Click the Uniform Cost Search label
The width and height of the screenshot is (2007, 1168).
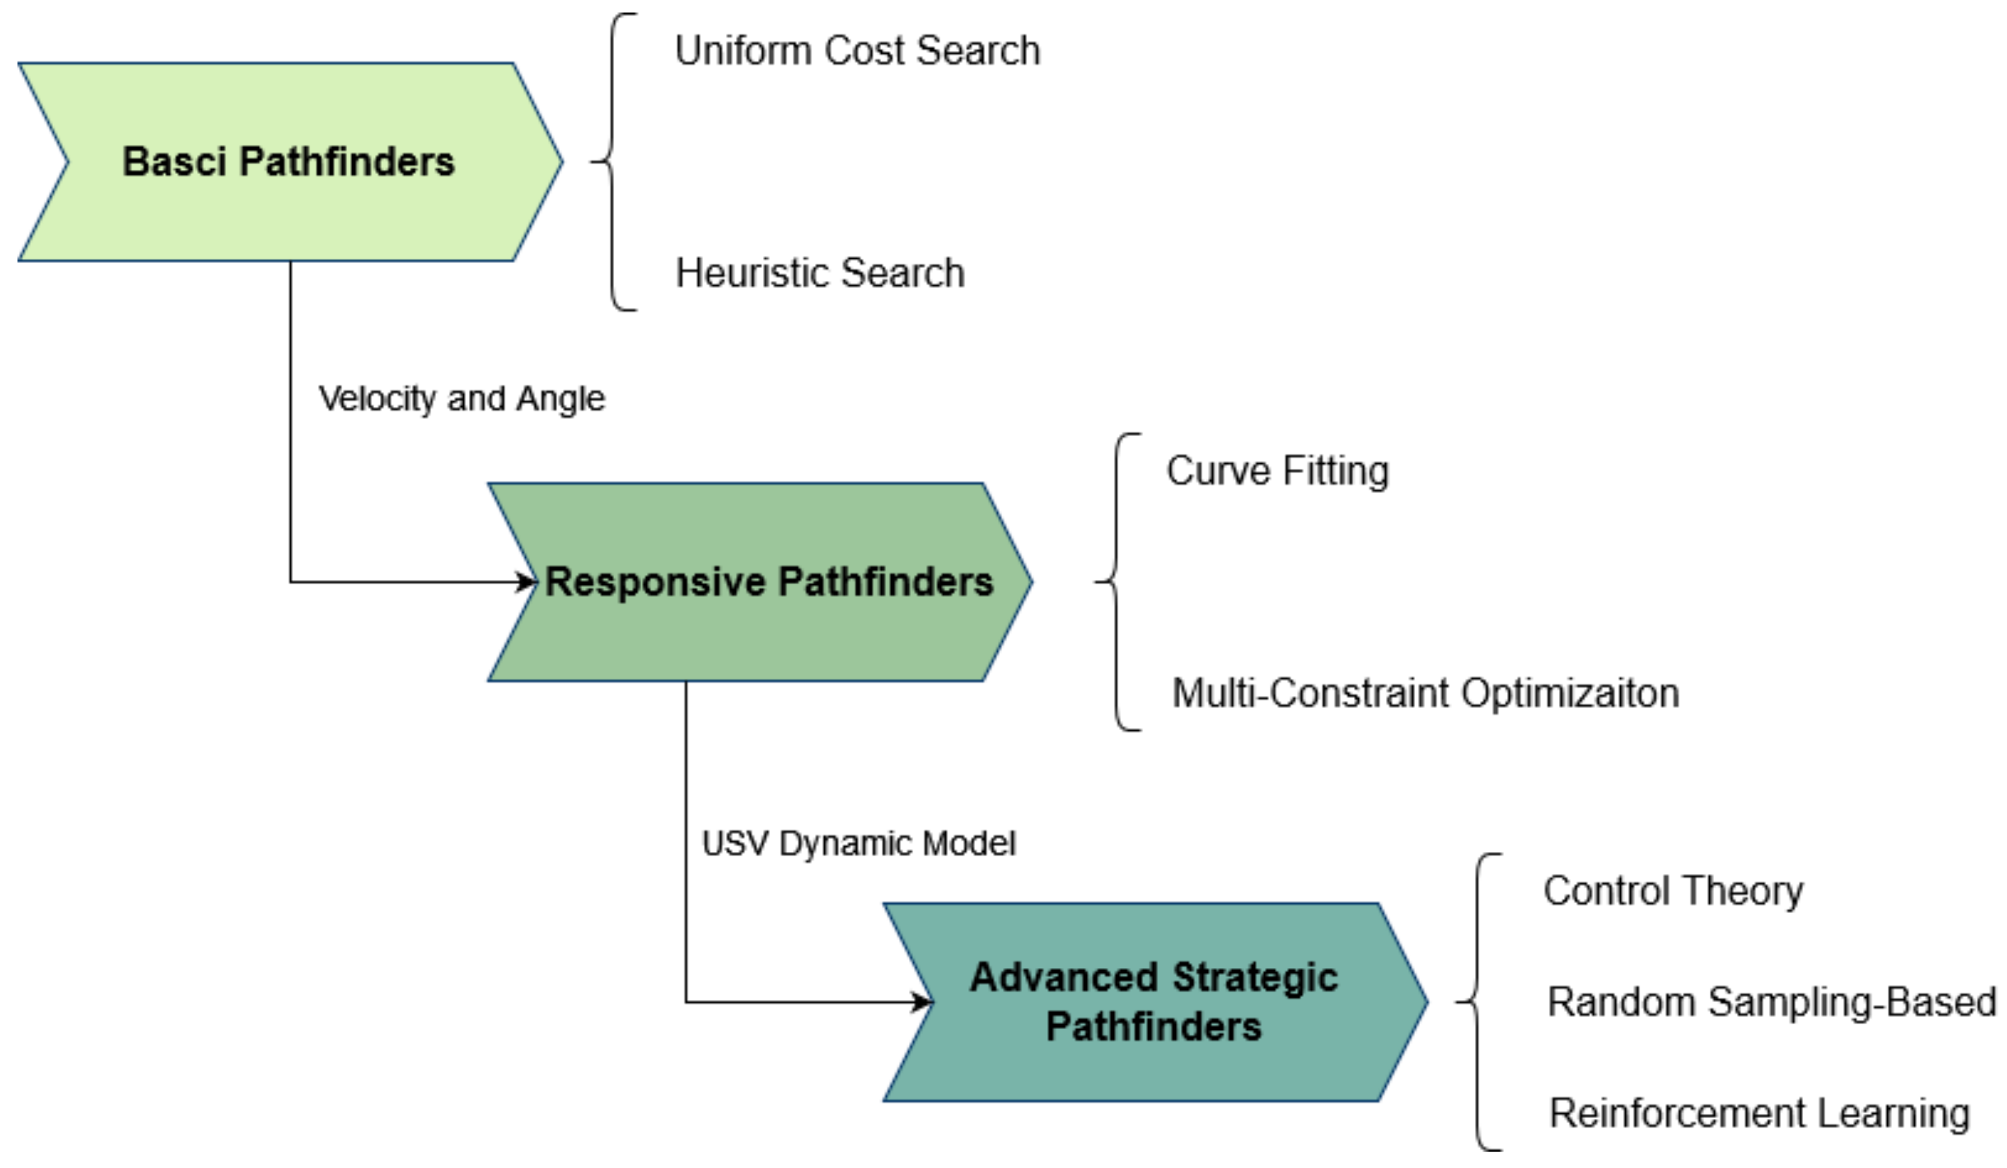(x=857, y=51)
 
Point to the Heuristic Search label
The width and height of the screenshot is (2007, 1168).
(x=819, y=273)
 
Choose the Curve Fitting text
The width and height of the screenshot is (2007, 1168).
(x=1277, y=471)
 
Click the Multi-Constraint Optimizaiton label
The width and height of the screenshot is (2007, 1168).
(x=1425, y=693)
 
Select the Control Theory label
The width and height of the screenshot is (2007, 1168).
(x=1672, y=890)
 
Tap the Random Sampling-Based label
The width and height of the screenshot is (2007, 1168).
(x=1770, y=1001)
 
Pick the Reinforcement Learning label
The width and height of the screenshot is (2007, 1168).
(x=1758, y=1113)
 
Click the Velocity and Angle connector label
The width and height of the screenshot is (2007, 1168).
(x=461, y=398)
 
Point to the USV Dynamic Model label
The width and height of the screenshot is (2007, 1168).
(x=858, y=843)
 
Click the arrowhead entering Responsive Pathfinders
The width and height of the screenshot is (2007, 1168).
(x=526, y=582)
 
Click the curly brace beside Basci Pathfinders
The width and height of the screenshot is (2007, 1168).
(x=612, y=162)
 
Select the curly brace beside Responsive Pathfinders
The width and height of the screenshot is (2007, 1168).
(x=1116, y=582)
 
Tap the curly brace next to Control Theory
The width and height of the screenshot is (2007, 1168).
(x=1477, y=1001)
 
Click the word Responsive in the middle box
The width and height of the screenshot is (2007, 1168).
(x=654, y=582)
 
